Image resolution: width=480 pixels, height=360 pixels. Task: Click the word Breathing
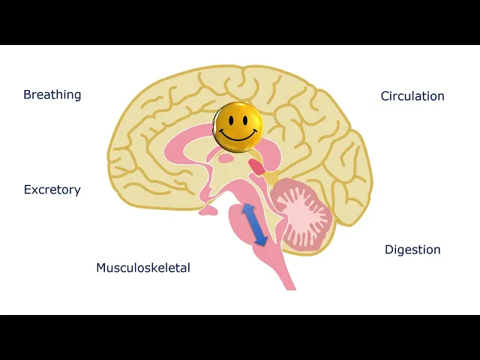click(x=52, y=95)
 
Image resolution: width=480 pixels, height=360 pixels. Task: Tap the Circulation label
click(x=412, y=96)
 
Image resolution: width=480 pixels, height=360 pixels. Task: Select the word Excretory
click(x=52, y=190)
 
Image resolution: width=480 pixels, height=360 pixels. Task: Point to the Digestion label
click(x=412, y=250)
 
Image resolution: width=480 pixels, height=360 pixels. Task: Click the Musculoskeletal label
click(x=143, y=268)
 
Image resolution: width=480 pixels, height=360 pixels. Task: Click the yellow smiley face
click(x=238, y=127)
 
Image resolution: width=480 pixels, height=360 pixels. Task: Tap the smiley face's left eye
click(x=230, y=120)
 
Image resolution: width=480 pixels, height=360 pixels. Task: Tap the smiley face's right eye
click(x=245, y=120)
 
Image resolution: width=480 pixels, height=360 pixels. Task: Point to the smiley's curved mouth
click(x=238, y=136)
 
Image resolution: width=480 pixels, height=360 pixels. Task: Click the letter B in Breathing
click(x=27, y=95)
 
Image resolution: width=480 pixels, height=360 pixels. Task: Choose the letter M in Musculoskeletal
click(x=101, y=268)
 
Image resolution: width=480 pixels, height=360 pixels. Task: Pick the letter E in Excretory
click(x=28, y=190)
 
